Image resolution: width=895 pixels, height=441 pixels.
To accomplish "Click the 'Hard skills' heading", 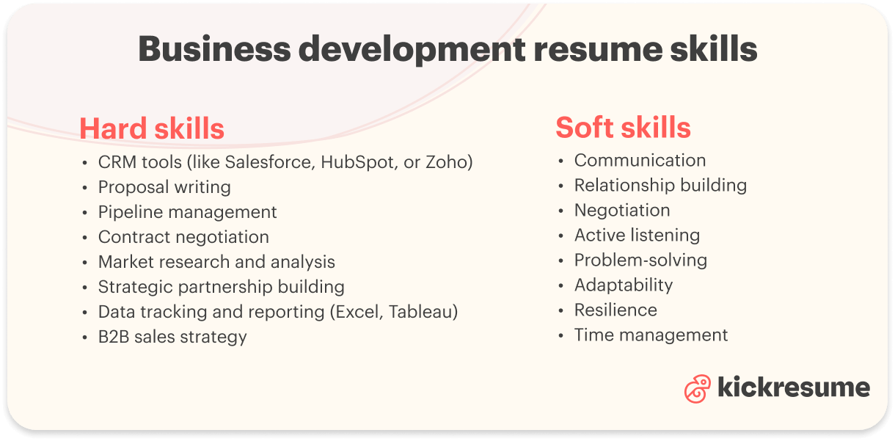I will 152,128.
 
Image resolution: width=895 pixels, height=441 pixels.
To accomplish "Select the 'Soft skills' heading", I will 623,128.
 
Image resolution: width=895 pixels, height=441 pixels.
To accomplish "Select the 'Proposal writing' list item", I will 164,187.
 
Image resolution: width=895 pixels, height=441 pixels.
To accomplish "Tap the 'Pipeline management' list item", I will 187,212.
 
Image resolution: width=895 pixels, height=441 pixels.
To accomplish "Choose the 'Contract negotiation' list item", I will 183,237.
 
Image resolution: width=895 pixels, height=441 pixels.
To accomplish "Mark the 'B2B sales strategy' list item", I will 172,337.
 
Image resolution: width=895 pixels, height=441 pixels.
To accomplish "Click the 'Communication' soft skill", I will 640,160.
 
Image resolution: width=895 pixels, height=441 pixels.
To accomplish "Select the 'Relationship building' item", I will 660,185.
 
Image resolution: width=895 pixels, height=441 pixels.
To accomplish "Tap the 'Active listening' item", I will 637,235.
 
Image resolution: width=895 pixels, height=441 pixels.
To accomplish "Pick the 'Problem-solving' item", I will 640,260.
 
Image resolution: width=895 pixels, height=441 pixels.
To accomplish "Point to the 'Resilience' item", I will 615,310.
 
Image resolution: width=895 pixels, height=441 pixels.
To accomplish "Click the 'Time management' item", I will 651,335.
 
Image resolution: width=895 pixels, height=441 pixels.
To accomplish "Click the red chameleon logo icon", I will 697,388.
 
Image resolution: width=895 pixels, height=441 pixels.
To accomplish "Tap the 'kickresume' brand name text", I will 794,387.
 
